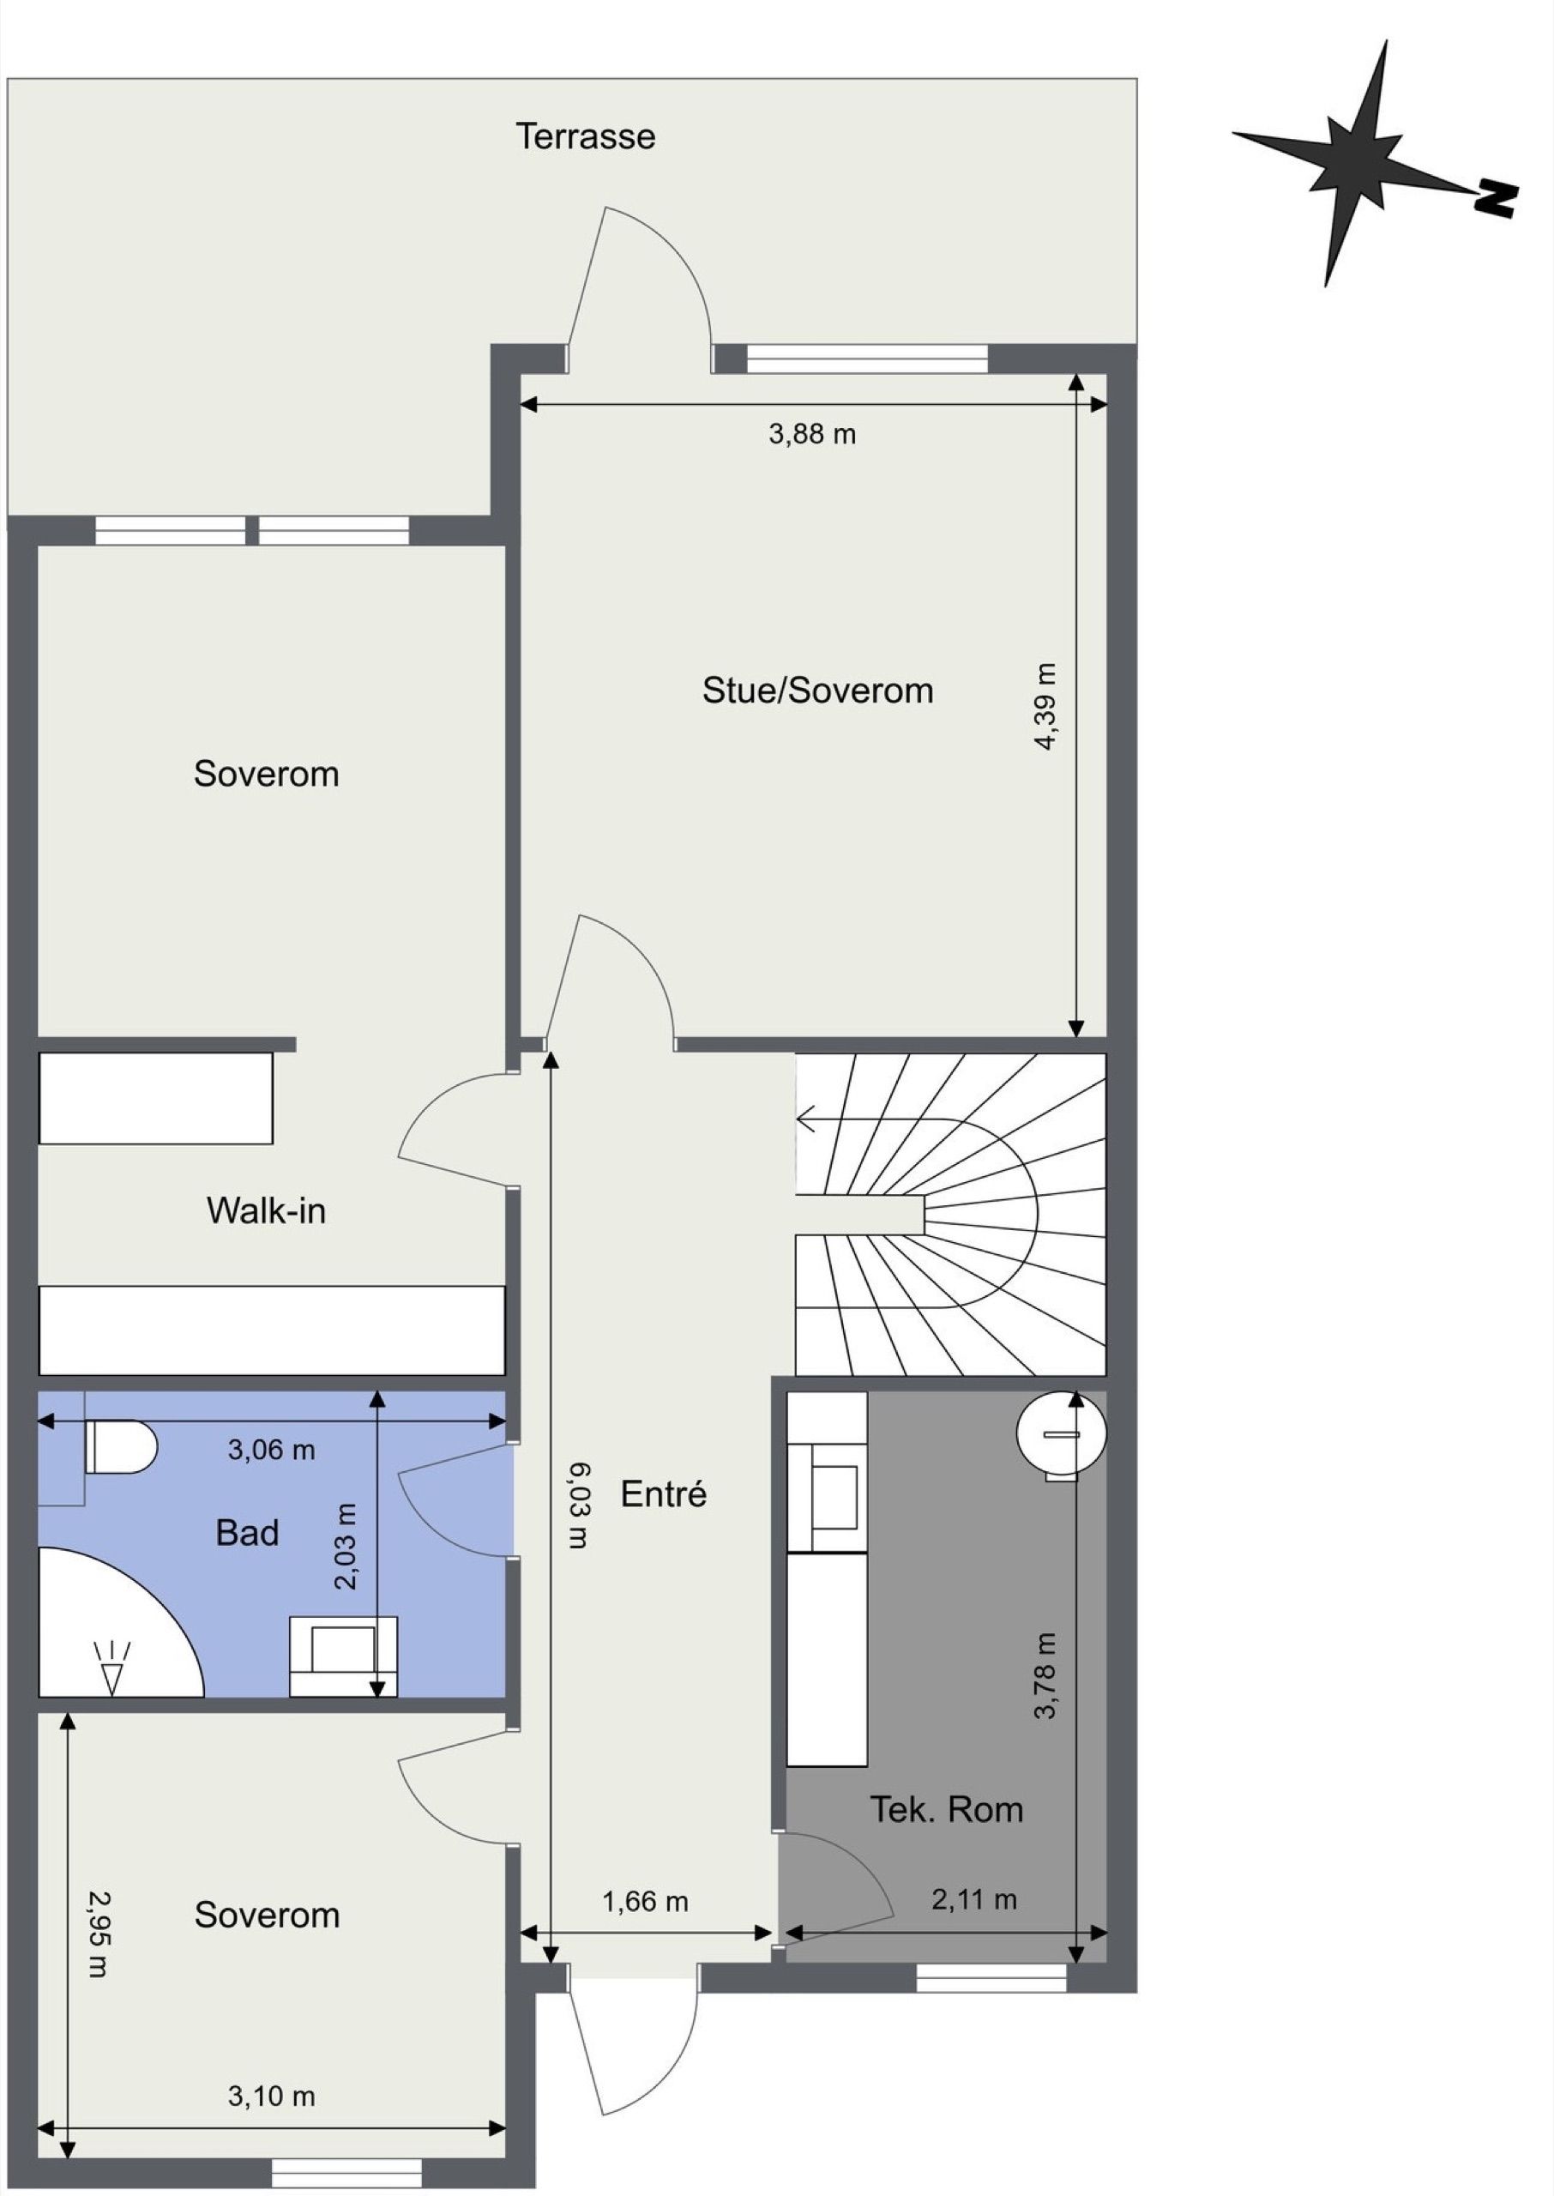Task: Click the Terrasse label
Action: coord(586,136)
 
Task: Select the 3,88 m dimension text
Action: coord(812,434)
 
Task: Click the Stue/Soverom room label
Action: coord(817,690)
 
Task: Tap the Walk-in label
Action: coord(266,1210)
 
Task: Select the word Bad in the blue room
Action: coord(247,1532)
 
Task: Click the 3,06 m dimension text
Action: coord(271,1450)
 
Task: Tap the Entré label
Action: coord(663,1493)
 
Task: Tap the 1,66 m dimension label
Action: coord(645,1901)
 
